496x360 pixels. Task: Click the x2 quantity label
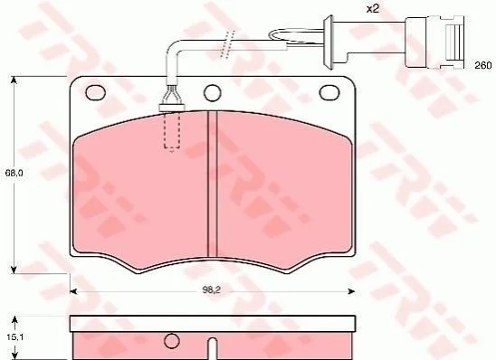click(373, 8)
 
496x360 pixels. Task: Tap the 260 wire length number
click(483, 65)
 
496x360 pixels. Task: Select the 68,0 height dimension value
click(14, 173)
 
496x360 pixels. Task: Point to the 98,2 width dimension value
click(211, 290)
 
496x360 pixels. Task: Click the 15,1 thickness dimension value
click(15, 337)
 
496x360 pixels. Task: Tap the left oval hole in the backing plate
click(95, 93)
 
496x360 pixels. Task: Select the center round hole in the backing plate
click(212, 93)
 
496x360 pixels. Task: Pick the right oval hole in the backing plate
click(329, 92)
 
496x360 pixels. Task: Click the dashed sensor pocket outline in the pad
click(172, 130)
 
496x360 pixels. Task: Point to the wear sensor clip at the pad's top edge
click(172, 100)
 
